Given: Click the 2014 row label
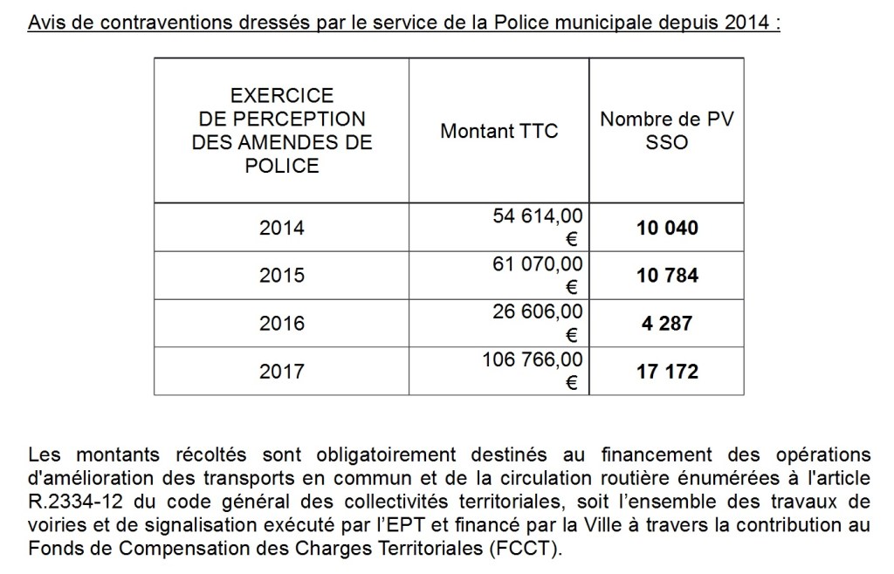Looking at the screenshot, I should coord(282,229).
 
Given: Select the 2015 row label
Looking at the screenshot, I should coord(282,277).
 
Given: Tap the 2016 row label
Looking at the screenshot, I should coord(282,324).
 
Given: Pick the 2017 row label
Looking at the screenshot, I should coord(282,372).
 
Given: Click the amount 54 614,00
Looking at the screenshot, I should coord(538,215).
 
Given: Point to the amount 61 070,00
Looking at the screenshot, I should coord(538,263).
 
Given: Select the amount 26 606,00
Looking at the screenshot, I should coord(538,311).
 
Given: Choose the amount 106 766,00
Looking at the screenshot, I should coord(533,359).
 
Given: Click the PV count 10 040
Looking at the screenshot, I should coord(667,229).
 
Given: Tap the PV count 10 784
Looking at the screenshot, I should coord(667,277).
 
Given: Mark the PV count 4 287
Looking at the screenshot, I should coord(667,324).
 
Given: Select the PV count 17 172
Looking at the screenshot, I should coord(667,372).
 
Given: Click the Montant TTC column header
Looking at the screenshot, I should coord(499,132).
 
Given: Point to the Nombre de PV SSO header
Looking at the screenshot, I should coord(667,131).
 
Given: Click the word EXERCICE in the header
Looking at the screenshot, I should coord(282,95).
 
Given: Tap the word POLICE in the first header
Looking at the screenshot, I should coord(282,166).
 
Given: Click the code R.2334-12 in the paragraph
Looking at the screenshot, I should coord(73,500).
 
